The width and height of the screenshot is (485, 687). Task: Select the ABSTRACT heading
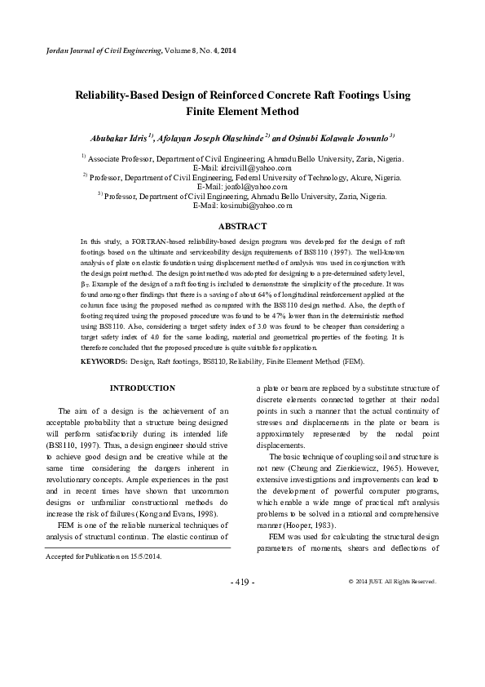pos(242,226)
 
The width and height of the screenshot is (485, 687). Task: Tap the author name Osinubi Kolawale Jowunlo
pos(335,137)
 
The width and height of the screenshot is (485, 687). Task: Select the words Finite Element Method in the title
pos(242,112)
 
